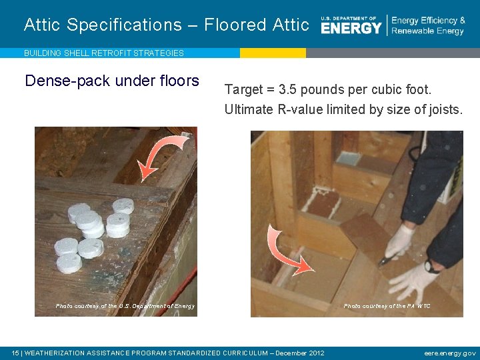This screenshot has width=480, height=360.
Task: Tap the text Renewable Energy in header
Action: pos(427,31)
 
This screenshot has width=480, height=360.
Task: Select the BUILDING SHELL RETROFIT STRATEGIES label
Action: pos(103,53)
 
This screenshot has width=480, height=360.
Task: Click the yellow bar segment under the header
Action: pos(273,53)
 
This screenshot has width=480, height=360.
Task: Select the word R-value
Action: pos(296,109)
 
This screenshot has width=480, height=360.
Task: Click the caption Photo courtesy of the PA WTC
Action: pos(387,306)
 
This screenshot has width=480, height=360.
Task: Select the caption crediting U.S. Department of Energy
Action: pos(125,306)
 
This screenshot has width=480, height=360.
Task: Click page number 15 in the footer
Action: pos(15,353)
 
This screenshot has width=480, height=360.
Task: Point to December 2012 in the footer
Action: pos(299,353)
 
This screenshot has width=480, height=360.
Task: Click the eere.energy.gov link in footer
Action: pos(449,353)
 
